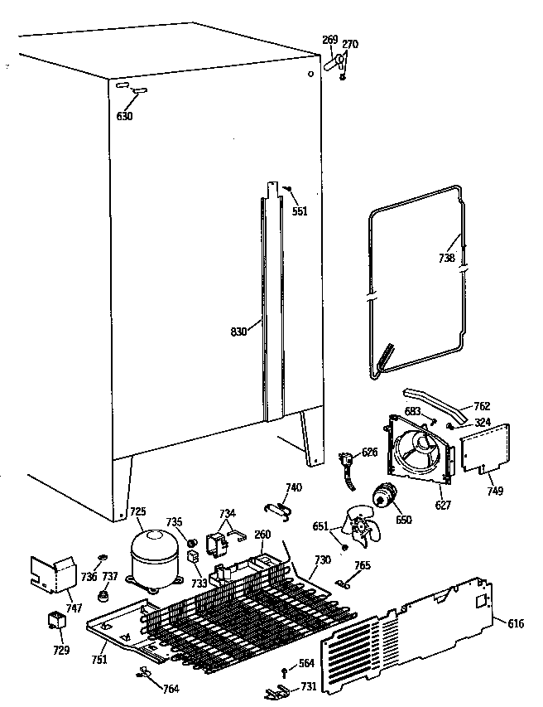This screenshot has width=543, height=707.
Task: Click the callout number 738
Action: coord(446,258)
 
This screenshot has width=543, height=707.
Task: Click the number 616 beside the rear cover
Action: coord(516,622)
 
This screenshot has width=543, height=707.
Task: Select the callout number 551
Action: coord(300,211)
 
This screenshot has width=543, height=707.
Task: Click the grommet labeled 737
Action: coord(105,596)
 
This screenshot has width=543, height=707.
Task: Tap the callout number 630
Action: coord(124,116)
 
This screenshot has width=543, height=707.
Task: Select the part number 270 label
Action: coord(350,46)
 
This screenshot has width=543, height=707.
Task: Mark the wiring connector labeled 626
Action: coord(348,465)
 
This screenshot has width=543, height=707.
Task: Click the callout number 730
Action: coord(322,560)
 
